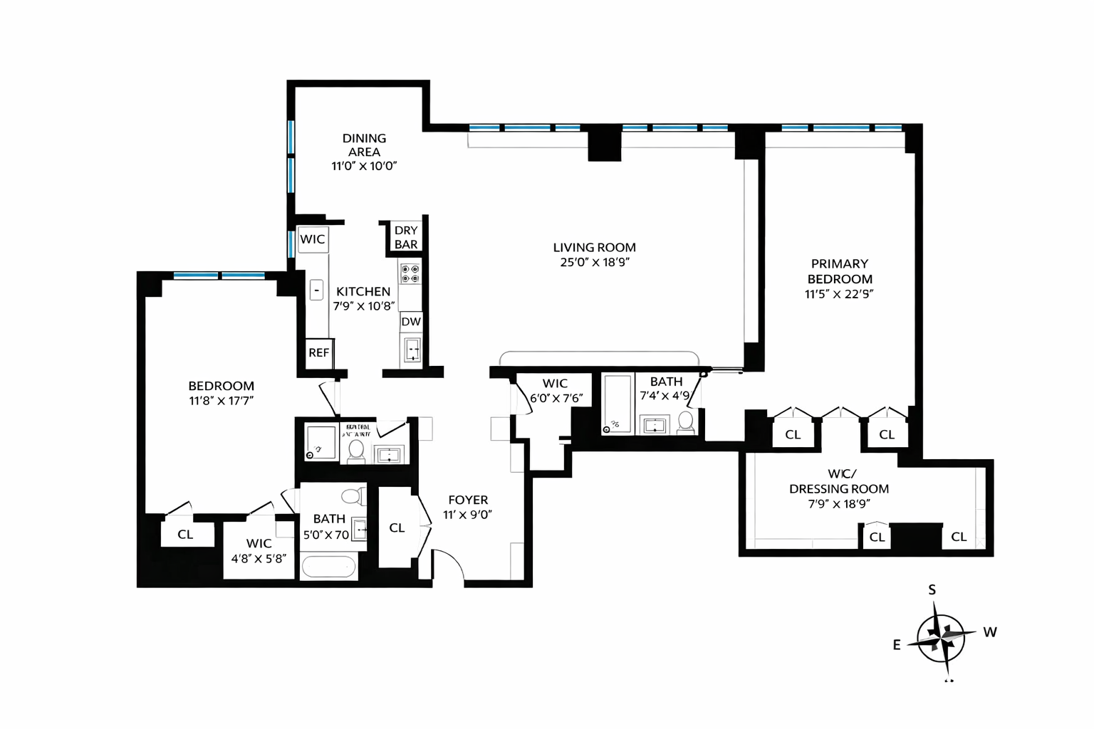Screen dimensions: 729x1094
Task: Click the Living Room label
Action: tap(594, 248)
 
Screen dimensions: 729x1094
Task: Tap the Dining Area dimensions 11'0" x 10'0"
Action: tap(363, 166)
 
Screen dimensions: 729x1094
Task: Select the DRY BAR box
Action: tap(406, 237)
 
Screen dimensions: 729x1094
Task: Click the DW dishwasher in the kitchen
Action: tap(411, 322)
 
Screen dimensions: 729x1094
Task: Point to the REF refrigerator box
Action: tap(318, 352)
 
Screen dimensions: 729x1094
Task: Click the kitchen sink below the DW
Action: tap(412, 350)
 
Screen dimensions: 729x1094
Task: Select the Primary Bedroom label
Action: tap(839, 271)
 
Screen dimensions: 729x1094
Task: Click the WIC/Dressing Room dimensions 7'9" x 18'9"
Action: tap(838, 504)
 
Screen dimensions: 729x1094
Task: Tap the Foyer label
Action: tap(468, 500)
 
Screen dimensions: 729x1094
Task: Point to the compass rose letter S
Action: tap(932, 589)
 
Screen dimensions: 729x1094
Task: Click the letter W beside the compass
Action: tap(989, 631)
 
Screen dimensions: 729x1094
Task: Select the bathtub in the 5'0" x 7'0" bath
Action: tap(328, 567)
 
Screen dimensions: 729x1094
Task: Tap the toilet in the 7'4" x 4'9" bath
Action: tap(685, 422)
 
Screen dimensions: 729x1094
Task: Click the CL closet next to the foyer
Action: tap(397, 528)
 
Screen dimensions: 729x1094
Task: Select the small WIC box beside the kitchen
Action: tap(312, 239)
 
